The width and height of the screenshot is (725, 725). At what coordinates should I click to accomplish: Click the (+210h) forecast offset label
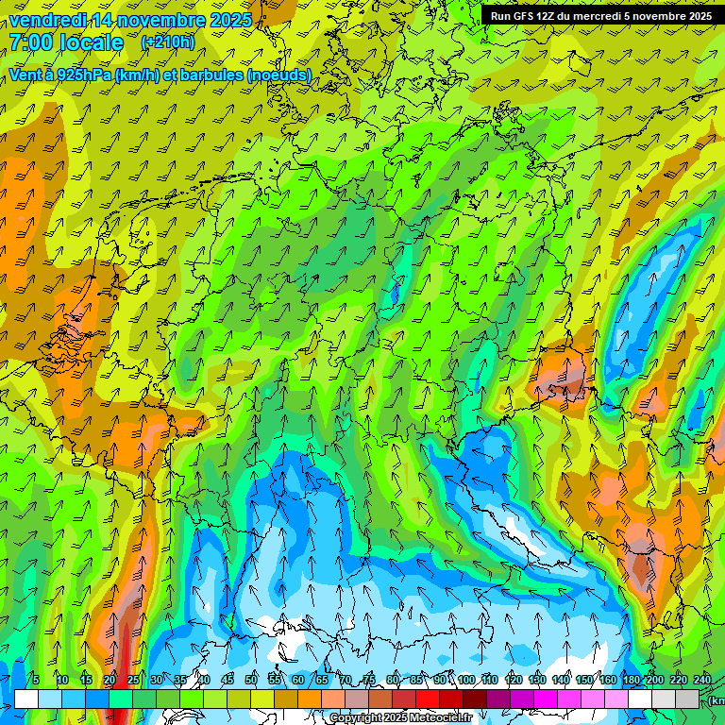pyautogui.click(x=168, y=42)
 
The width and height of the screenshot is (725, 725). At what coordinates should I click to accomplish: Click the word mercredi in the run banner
pyautogui.click(x=591, y=16)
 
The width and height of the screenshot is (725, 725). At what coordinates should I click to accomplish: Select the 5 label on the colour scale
pyautogui.click(x=36, y=680)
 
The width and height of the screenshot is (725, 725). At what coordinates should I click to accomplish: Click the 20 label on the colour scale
pyautogui.click(x=110, y=680)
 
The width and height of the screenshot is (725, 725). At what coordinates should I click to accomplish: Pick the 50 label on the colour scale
pyautogui.click(x=251, y=680)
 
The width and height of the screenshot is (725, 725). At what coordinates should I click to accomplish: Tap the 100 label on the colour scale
pyautogui.click(x=466, y=680)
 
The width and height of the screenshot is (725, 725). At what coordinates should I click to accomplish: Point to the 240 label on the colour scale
pyautogui.click(x=702, y=680)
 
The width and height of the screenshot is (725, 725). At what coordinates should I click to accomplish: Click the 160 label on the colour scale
pyautogui.click(x=608, y=680)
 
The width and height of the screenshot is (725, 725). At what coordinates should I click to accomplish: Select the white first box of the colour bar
pyautogui.click(x=26, y=699)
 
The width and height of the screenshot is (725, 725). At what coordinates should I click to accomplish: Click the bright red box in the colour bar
pyautogui.click(x=428, y=699)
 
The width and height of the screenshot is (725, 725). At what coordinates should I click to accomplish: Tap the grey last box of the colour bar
pyautogui.click(x=687, y=699)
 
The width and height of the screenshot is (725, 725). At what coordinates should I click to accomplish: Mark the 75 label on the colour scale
pyautogui.click(x=369, y=680)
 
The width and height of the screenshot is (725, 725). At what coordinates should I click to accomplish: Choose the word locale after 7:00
pyautogui.click(x=92, y=42)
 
